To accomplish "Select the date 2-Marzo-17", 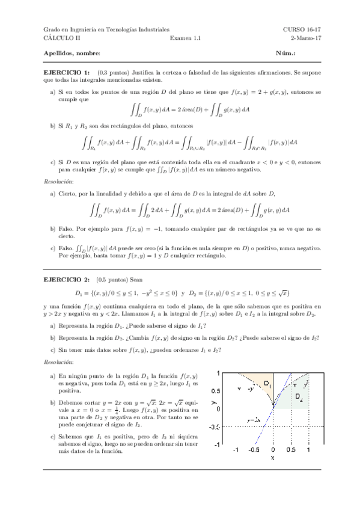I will (x=302, y=37).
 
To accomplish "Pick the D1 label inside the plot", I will (x=267, y=384).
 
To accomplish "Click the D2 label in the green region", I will (x=299, y=398).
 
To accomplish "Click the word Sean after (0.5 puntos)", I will (x=136, y=280).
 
